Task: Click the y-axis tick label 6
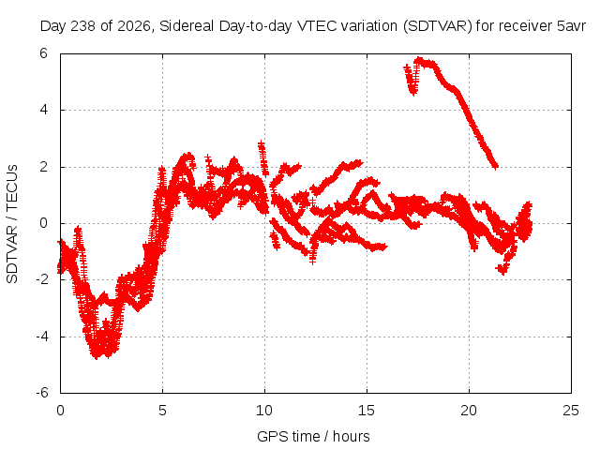[44, 53]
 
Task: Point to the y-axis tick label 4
[44, 110]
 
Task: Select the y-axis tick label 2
[44, 167]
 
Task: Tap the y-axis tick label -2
[42, 279]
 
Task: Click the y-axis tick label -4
[42, 337]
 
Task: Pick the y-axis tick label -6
[42, 393]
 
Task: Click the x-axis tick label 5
[162, 411]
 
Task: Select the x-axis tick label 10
[264, 411]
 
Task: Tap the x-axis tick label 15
[367, 411]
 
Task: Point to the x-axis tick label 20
[469, 411]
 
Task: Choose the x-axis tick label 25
[571, 411]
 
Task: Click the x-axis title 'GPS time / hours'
[313, 436]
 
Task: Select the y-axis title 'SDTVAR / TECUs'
[12, 224]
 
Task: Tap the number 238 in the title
[83, 26]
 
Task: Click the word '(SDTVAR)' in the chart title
[438, 26]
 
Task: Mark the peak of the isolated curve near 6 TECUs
[419, 60]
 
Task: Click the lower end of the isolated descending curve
[496, 167]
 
